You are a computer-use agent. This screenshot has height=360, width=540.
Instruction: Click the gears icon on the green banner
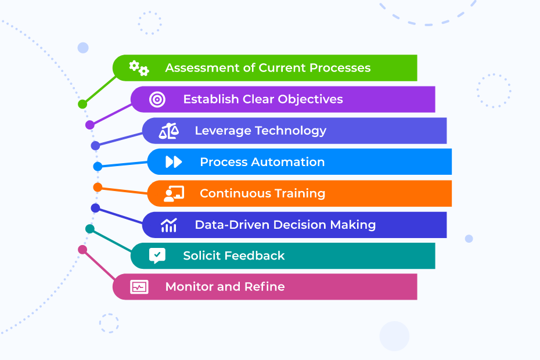point(139,68)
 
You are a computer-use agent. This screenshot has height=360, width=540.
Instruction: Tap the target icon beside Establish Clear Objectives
point(157,99)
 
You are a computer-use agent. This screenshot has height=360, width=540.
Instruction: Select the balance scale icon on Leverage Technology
point(169,131)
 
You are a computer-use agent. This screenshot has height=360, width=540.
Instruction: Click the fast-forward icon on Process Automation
point(174,162)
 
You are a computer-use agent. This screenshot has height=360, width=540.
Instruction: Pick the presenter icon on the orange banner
point(174,193)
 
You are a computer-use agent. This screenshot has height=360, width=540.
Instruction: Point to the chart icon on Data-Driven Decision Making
point(169,225)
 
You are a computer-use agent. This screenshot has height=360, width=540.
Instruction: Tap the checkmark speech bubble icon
point(157,255)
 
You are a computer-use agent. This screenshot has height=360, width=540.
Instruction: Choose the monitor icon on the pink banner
point(139,287)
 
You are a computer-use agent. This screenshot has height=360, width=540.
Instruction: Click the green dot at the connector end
point(82,105)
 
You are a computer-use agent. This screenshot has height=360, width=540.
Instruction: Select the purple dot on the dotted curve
point(90,125)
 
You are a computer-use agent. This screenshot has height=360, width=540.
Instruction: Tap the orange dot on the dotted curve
point(98,187)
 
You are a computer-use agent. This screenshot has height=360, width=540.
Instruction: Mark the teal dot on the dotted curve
point(90,229)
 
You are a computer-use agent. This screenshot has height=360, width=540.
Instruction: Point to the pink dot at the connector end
point(82,250)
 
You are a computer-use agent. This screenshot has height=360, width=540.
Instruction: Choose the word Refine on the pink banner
point(267,287)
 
